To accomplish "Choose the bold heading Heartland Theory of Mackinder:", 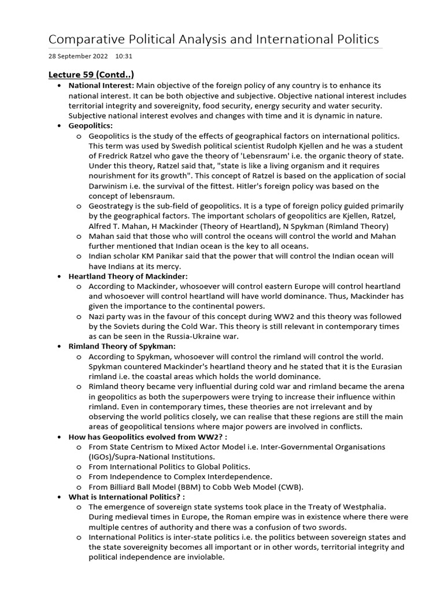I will coord(128,277).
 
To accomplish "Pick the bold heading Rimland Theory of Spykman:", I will coord(118,346).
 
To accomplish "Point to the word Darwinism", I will coord(109,186).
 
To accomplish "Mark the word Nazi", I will coord(98,316).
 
